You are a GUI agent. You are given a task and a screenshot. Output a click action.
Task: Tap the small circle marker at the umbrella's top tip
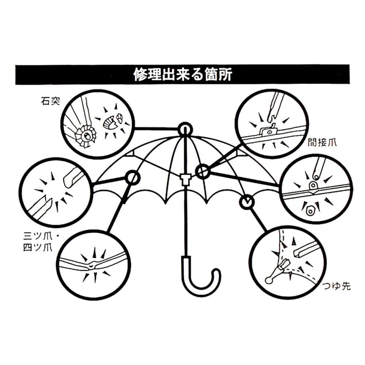[185, 129]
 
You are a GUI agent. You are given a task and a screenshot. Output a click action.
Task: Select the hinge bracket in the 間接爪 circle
[269, 130]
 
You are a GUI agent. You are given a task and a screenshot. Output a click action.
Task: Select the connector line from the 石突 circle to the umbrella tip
[157, 128]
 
